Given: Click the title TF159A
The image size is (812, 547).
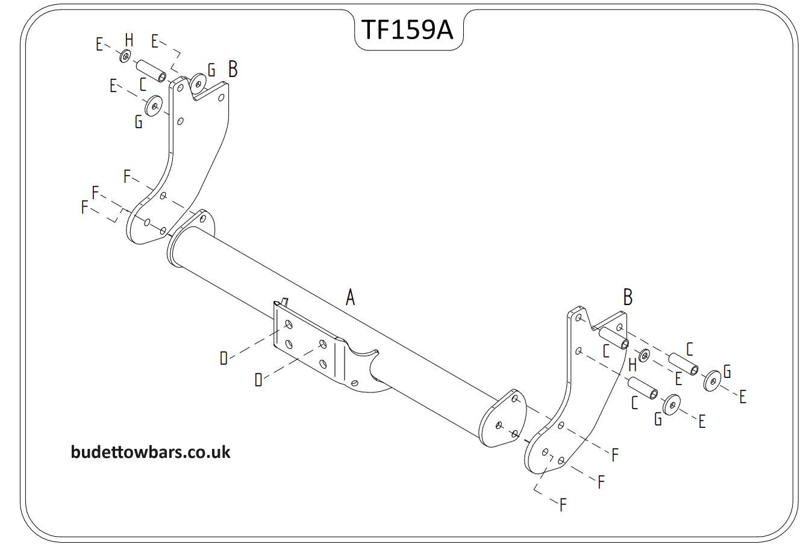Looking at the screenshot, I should point(407,29).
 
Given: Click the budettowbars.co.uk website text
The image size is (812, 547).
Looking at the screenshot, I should point(151,452).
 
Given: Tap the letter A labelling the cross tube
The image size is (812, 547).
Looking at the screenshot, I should point(350,297).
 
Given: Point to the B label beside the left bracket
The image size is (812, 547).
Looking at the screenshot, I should point(233,69).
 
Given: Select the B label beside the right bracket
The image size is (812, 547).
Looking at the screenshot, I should point(628,297).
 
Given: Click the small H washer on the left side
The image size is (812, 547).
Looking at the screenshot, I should point(125,57).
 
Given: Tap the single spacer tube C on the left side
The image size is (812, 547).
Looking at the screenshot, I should point(152,70).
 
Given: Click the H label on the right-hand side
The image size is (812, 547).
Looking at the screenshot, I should point(632,365).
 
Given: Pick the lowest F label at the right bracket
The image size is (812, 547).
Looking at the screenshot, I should point(563,504).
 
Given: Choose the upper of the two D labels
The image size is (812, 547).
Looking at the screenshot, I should point(223,359).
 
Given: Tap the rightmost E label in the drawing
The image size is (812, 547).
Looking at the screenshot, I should point(743,397).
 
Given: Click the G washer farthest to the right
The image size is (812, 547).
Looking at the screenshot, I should point(713,380).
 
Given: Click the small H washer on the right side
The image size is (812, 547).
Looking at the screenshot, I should point(643,356).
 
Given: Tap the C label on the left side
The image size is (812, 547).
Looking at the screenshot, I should point(143,84).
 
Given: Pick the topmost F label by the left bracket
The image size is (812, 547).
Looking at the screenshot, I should point(127,176).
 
